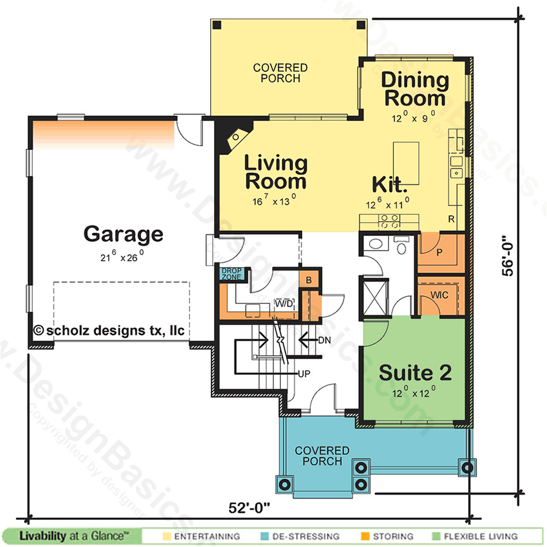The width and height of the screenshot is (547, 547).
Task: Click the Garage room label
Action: click(x=123, y=234)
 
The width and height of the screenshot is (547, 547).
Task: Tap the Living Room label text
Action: click(x=275, y=172)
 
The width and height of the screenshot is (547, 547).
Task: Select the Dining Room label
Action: click(x=415, y=89)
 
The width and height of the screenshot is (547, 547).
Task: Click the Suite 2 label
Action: click(x=415, y=373)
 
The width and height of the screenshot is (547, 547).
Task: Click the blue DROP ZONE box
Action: click(x=231, y=274)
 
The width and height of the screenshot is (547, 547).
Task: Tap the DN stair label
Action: click(x=324, y=340)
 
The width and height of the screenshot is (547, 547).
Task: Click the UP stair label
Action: click(x=305, y=373)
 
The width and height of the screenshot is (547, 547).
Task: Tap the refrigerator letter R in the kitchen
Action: click(x=453, y=219)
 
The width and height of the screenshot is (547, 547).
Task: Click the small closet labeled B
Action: click(x=309, y=280)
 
